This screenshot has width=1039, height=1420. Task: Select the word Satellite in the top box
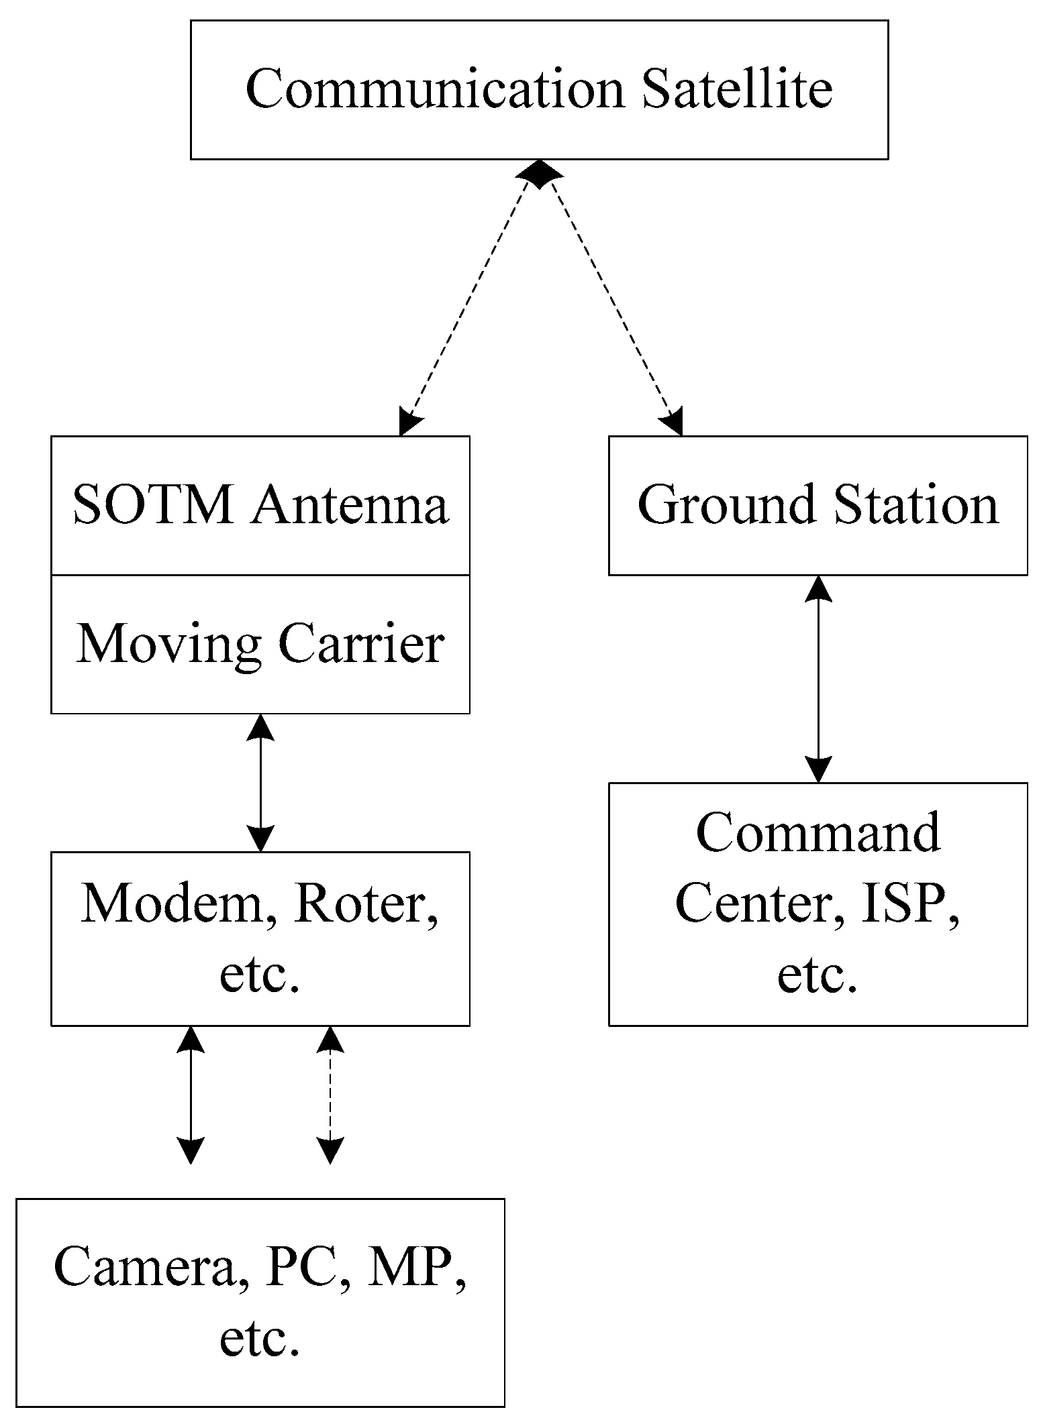(736, 89)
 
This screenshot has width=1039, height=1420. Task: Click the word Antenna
(349, 504)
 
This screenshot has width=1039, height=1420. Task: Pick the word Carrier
(360, 644)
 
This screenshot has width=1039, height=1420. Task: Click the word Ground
(727, 504)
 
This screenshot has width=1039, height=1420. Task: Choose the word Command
(818, 832)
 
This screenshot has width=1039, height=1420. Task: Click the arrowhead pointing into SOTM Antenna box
(408, 423)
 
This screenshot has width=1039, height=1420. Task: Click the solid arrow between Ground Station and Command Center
(818, 678)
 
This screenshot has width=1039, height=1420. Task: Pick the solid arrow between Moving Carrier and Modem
(260, 782)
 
